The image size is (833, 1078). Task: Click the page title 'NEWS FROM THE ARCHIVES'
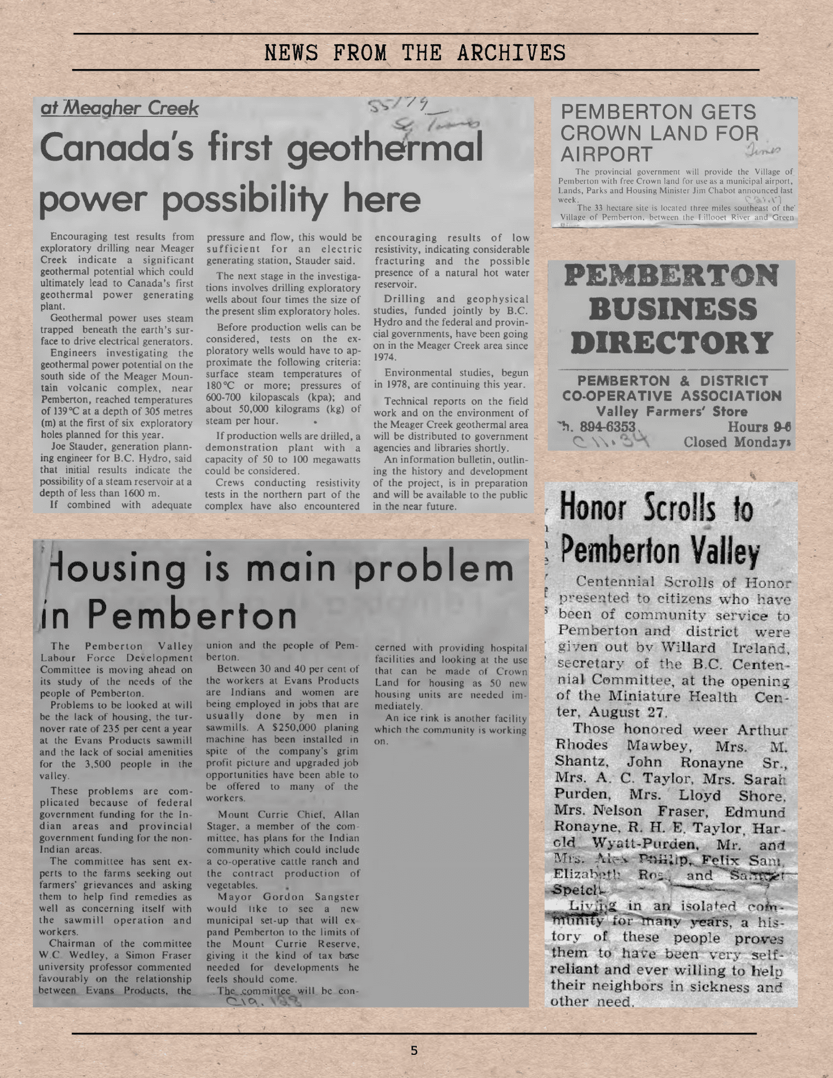tap(415, 53)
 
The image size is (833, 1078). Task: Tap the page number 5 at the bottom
tap(414, 1050)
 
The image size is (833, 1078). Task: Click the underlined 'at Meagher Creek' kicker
tap(120, 108)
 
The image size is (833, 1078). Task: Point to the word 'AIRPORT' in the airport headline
tap(607, 154)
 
